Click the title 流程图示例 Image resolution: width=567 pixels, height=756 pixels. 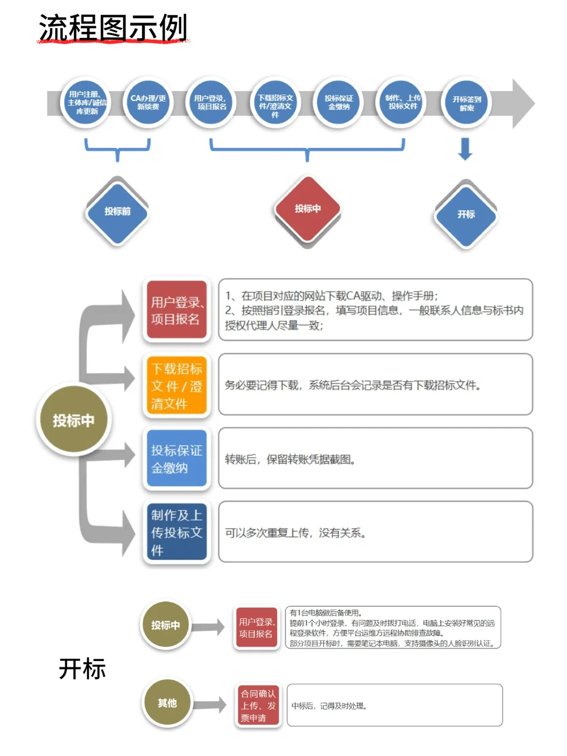tap(113, 28)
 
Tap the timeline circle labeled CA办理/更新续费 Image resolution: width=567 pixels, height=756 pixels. tap(148, 102)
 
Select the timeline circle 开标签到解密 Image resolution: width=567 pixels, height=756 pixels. tap(466, 103)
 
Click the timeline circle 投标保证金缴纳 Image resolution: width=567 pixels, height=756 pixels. tap(339, 102)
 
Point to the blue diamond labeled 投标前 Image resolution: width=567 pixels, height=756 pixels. tap(117, 212)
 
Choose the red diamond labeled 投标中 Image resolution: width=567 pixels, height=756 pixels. tap(308, 209)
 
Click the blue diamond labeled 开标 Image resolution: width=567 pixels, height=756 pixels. tap(466, 214)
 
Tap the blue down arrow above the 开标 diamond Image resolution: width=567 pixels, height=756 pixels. tap(465, 149)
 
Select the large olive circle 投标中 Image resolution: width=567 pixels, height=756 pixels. tap(73, 420)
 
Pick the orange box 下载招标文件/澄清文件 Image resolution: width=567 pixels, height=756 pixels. tap(176, 386)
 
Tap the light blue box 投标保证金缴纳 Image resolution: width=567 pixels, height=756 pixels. tap(176, 459)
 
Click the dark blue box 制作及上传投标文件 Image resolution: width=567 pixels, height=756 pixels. tap(176, 532)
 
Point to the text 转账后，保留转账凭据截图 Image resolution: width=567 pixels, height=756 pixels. tap(290, 460)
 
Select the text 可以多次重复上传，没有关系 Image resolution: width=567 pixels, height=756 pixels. tap(296, 533)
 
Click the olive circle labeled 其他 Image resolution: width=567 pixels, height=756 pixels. tap(167, 703)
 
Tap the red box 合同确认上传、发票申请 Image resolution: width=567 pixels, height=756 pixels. tap(258, 706)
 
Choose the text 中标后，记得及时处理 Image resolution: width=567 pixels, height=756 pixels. tap(329, 706)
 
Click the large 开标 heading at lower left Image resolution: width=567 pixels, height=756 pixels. tap(82, 669)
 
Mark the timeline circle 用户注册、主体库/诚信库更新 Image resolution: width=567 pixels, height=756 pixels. tap(87, 103)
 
